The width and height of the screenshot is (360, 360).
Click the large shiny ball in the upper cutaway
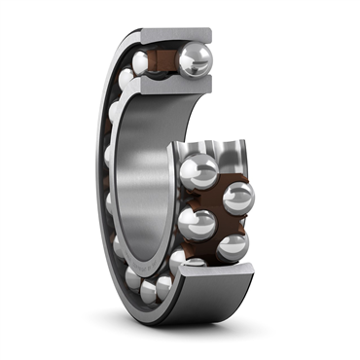(195, 60)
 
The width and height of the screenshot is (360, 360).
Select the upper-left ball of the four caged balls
(198, 172)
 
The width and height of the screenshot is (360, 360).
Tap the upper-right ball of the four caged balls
(238, 198)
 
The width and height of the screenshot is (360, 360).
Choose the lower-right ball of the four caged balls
(233, 246)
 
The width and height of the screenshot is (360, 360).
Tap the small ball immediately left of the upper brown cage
(141, 63)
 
